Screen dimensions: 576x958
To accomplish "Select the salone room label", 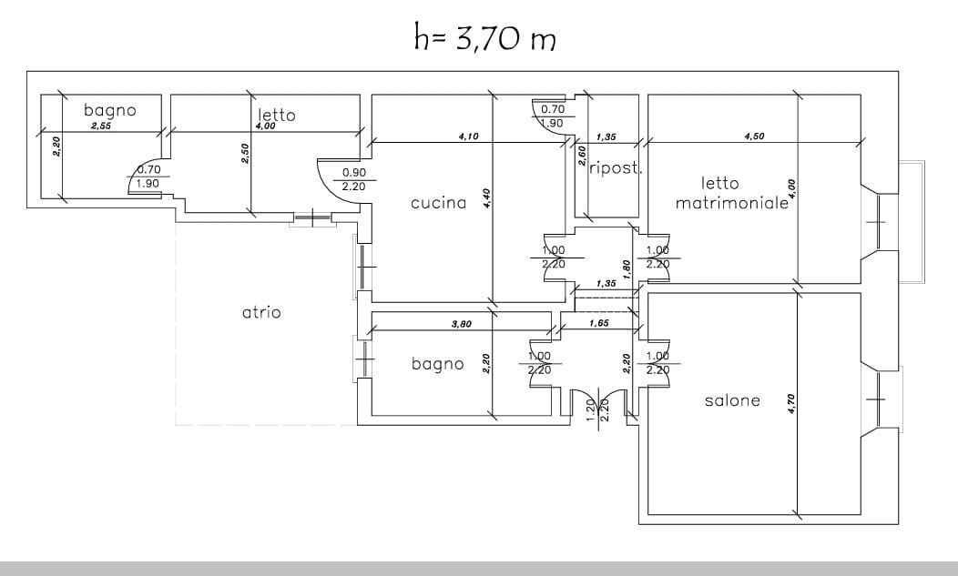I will pos(731,401).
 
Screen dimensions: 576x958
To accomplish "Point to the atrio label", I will pos(261,312).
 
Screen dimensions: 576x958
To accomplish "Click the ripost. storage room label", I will pos(617,168).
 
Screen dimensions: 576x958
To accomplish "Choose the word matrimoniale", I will pos(731,204).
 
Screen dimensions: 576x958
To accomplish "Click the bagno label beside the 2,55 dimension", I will pos(109,110).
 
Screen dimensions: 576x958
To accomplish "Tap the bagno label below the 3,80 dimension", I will pos(437,364).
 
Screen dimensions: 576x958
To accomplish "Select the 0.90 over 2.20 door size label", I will pos(353,179).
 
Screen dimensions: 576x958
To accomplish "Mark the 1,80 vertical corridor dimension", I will pos(626,268).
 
